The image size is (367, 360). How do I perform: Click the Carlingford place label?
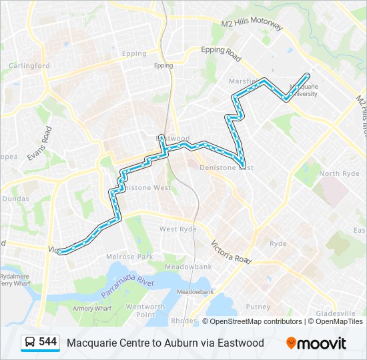29,66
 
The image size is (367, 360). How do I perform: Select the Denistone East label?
227,168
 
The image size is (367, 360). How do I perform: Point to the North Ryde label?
340,173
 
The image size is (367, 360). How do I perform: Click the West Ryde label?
177,229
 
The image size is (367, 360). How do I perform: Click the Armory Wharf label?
92,308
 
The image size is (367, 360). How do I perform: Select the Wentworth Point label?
145,311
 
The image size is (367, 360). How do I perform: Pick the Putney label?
258,307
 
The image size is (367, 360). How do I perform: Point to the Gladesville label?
336,313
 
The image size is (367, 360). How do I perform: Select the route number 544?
47,342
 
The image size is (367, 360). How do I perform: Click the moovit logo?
316,343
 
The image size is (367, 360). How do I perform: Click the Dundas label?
14,198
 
